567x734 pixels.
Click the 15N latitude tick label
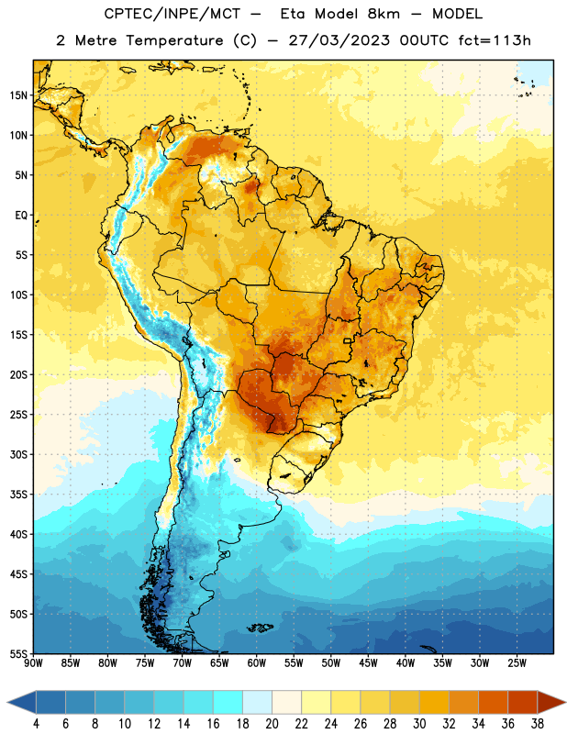(18, 95)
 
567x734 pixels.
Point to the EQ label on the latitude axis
(21, 216)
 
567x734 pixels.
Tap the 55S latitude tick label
(18, 653)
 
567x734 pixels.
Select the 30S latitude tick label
(18, 454)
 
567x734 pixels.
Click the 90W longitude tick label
(34, 663)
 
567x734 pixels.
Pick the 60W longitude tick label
(257, 663)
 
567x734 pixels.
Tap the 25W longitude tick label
(517, 663)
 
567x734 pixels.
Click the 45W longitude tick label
(368, 663)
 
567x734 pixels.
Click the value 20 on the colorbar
(272, 724)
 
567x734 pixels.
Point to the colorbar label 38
(538, 724)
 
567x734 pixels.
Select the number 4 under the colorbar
(36, 724)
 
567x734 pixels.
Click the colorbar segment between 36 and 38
(523, 702)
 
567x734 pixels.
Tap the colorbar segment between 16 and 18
(228, 702)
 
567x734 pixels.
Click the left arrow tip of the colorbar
(7, 702)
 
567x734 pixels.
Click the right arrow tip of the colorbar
(566, 702)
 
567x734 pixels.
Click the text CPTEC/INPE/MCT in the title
(172, 14)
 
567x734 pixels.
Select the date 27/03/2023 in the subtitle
(339, 40)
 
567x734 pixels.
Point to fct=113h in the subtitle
(495, 40)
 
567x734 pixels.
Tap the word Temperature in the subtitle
(174, 41)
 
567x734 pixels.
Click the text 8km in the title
(384, 14)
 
